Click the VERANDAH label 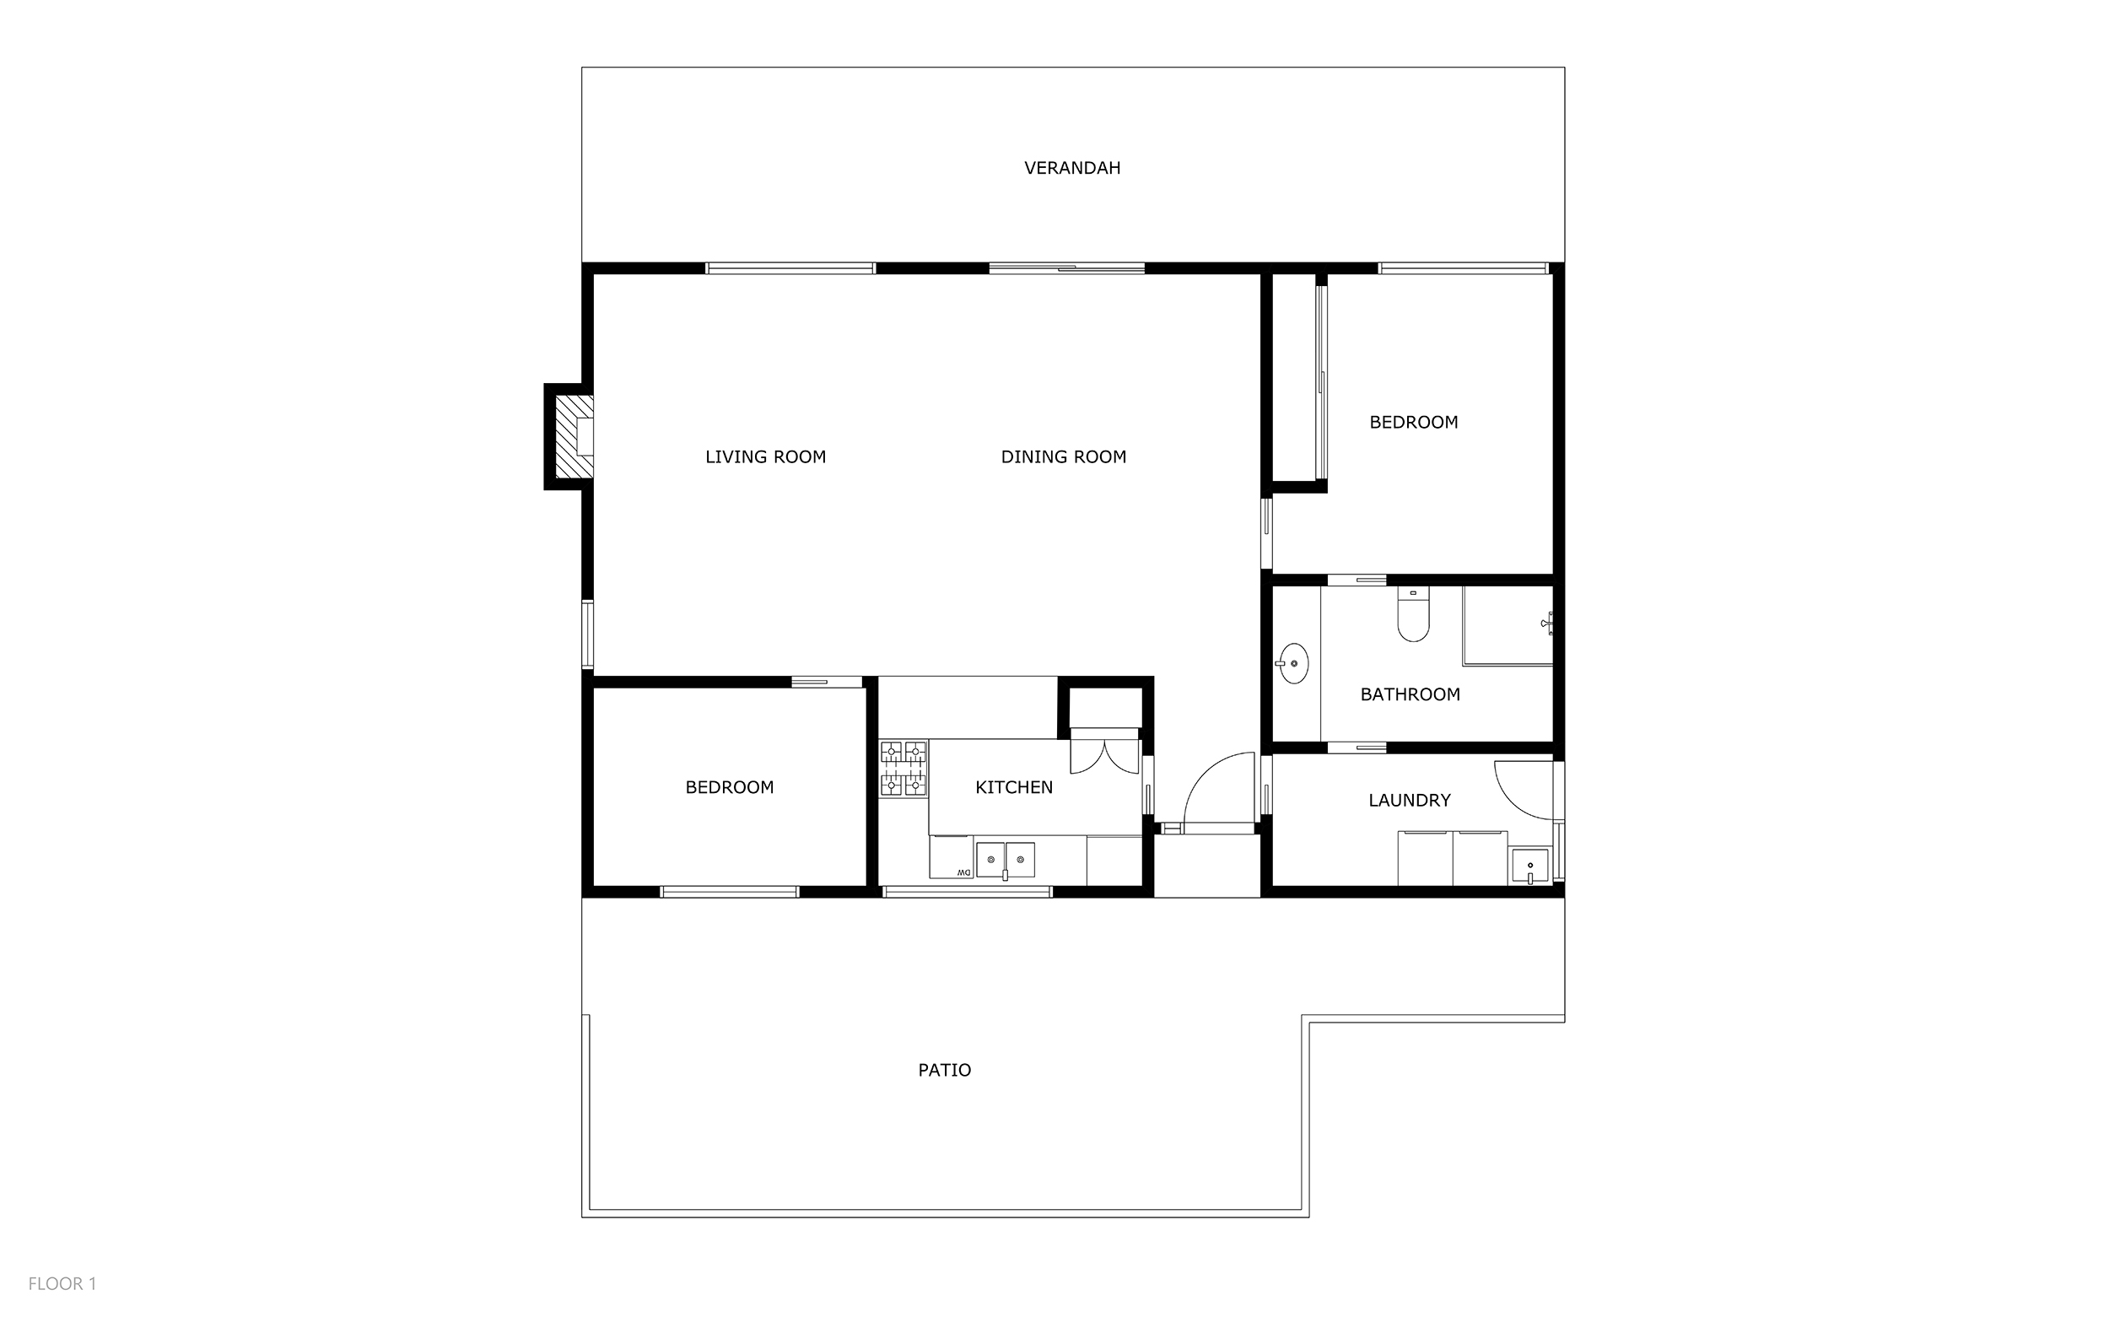tap(1072, 168)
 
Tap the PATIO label tap(945, 1070)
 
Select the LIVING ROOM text tap(765, 456)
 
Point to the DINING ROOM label tap(1063, 456)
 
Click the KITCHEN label tap(1013, 787)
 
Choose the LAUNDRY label tap(1410, 800)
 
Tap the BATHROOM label tap(1410, 694)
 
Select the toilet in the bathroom tap(1412, 614)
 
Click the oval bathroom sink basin tap(1294, 664)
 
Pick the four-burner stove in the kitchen tap(903, 769)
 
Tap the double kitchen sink tap(1005, 860)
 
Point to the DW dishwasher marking tap(963, 872)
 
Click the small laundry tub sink tap(1530, 866)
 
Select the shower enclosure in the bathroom tap(1508, 626)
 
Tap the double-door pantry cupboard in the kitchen tap(1104, 751)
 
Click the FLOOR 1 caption tap(62, 1284)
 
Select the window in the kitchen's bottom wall tap(968, 891)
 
